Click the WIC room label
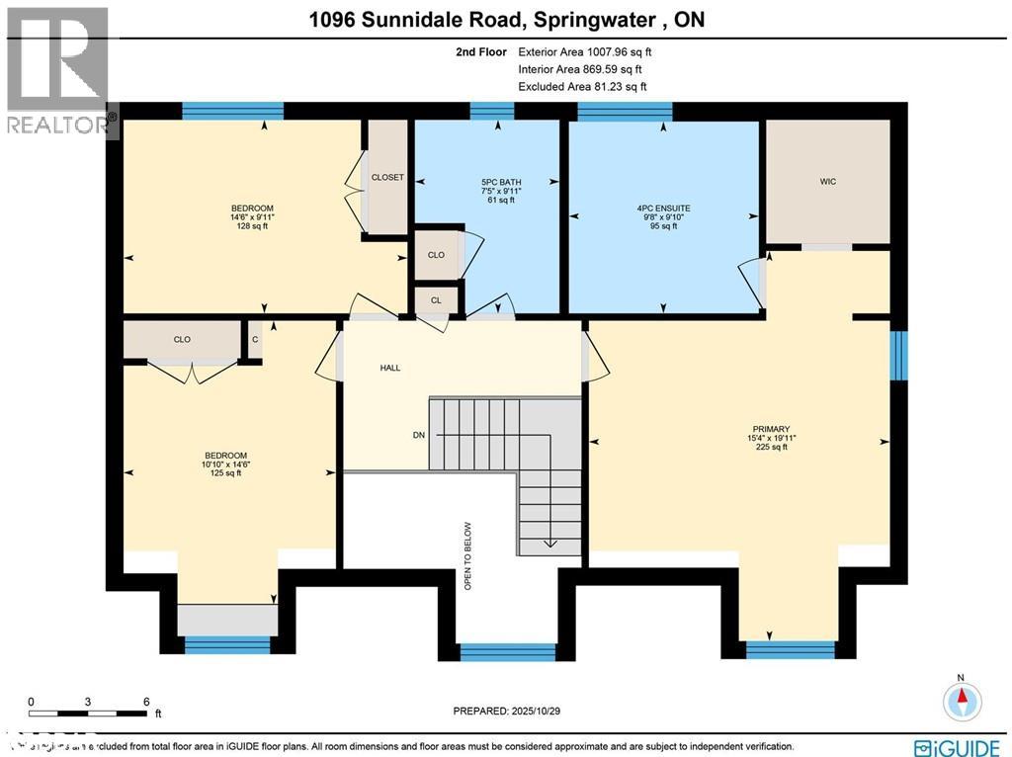coord(828,182)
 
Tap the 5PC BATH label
coord(501,182)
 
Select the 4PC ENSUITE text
coord(663,209)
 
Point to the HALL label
coord(389,368)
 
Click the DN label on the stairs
coord(419,435)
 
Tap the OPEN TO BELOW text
coord(468,556)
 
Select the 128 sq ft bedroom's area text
coord(252,226)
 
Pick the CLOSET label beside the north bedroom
coord(387,178)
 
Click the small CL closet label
coord(435,298)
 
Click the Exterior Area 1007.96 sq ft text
coord(585,52)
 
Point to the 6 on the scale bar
coord(146,702)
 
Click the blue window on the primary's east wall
coord(899,355)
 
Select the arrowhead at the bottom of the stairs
coord(548,543)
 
